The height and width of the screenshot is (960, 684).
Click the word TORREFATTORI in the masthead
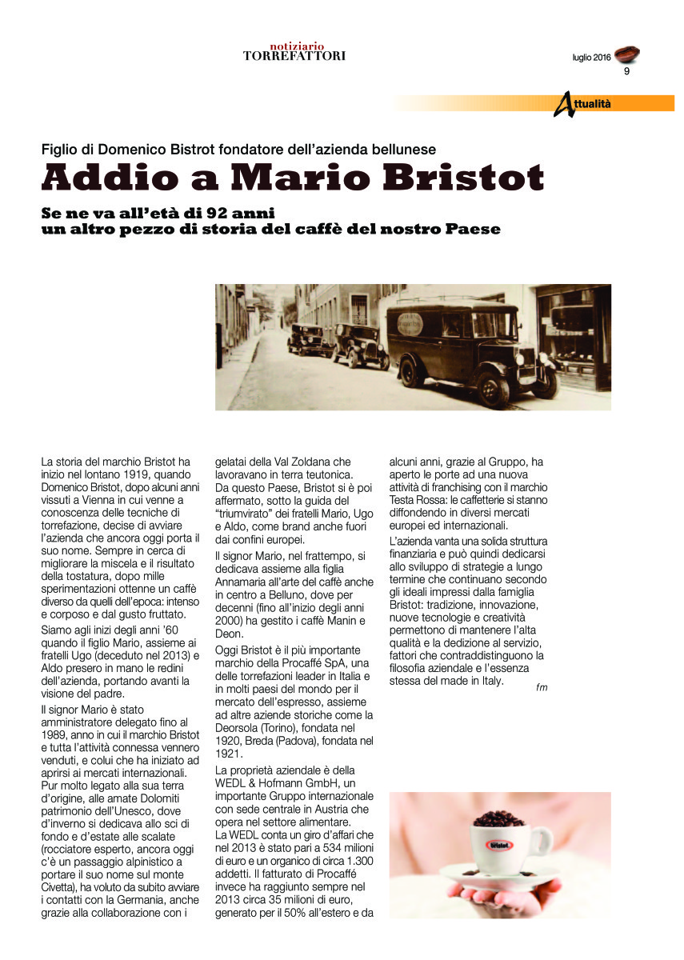point(294,56)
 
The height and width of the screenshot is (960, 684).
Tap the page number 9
point(626,72)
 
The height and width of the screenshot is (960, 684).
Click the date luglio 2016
point(591,58)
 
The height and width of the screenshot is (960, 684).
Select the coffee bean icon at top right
point(628,54)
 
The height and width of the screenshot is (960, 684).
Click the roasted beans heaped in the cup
point(498,818)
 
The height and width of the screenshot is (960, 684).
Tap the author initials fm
point(542,688)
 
